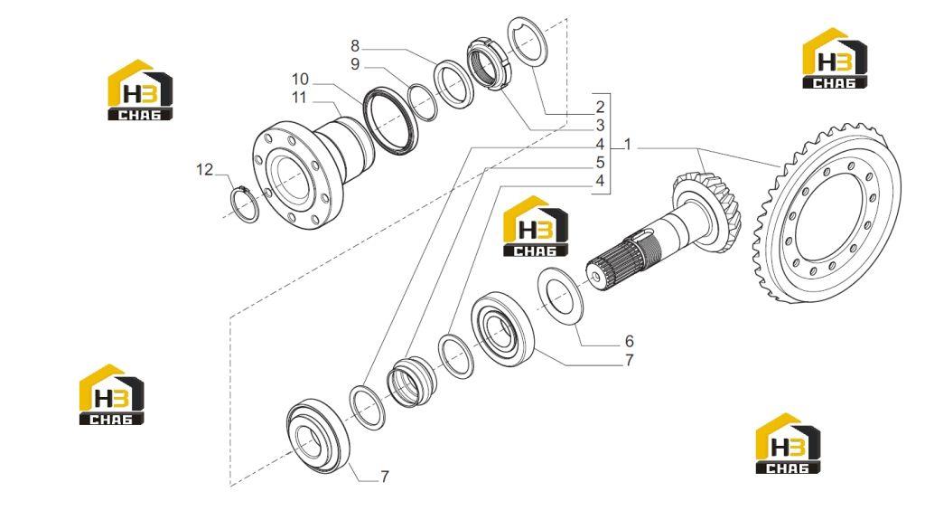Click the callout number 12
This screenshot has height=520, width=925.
204,170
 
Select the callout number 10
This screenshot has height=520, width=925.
300,79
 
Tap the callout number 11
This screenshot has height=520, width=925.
299,97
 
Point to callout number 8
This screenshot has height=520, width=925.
354,45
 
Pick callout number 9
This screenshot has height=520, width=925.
354,64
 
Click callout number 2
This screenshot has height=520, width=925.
600,107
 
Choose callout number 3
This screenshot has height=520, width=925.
600,126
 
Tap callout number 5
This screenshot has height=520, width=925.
600,163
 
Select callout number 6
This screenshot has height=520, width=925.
629,341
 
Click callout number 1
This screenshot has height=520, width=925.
628,144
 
